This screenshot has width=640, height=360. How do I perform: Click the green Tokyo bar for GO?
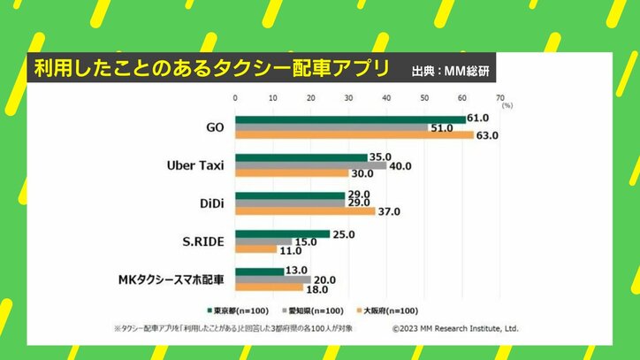[350, 119]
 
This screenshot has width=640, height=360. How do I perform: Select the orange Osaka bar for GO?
[354, 135]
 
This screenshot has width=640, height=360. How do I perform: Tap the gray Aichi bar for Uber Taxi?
[310, 165]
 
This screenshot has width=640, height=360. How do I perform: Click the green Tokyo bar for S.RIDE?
[282, 234]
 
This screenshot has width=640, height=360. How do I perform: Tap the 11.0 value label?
[290, 251]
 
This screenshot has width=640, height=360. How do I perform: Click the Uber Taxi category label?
[195, 165]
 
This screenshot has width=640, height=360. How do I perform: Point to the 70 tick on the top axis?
[500, 97]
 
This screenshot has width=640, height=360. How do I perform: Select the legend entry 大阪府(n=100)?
[390, 310]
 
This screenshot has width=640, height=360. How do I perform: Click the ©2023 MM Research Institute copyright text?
[455, 328]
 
